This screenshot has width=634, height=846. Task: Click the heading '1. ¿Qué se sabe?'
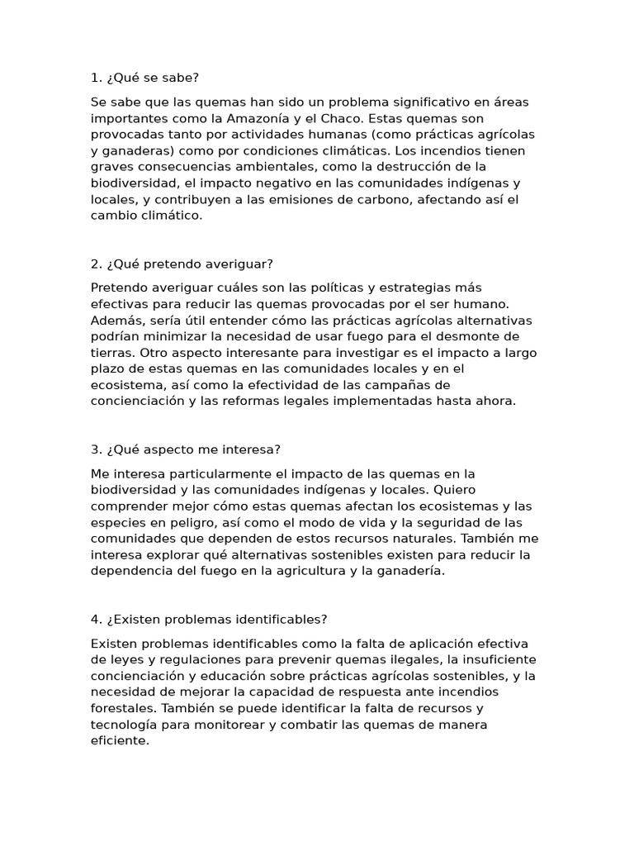point(144,78)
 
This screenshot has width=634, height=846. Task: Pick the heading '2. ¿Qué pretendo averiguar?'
point(182,264)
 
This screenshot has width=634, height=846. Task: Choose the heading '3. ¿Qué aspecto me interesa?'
point(186,449)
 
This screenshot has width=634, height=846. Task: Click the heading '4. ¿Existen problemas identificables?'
point(209,620)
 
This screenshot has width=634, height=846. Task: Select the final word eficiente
point(120,740)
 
